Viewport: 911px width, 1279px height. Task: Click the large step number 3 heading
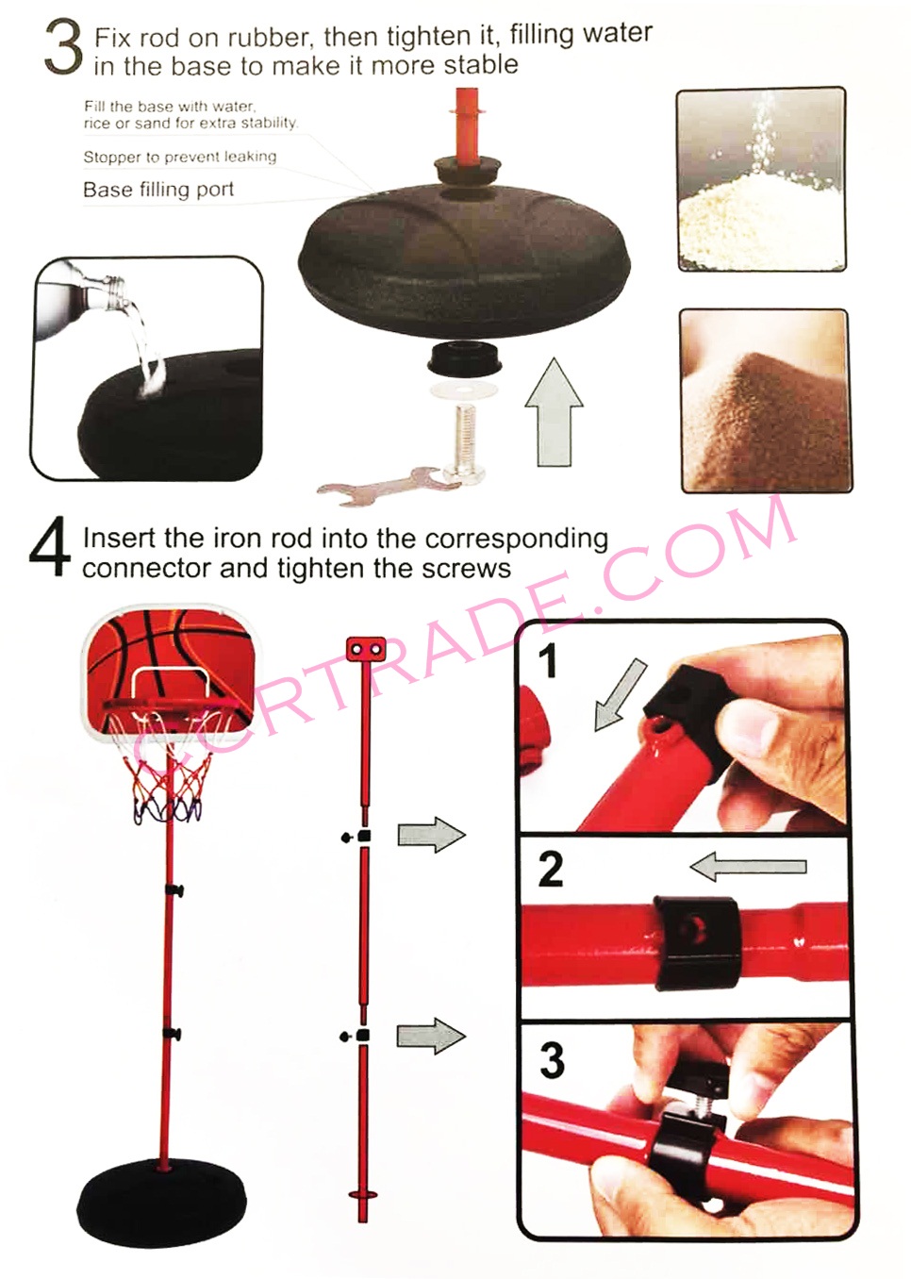coord(63,48)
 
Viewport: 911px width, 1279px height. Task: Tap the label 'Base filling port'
coord(158,190)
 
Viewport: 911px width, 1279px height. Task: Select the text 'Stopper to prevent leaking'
coord(180,157)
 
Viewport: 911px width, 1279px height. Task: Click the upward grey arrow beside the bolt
coord(554,412)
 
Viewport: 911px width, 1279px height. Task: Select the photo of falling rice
coord(761,178)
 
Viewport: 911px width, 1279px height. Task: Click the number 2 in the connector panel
coord(551,870)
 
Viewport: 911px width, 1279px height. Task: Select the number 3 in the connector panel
coord(552,1060)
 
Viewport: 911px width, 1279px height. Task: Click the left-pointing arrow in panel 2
coord(749,868)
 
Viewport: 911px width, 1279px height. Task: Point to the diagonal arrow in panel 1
coord(620,694)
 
